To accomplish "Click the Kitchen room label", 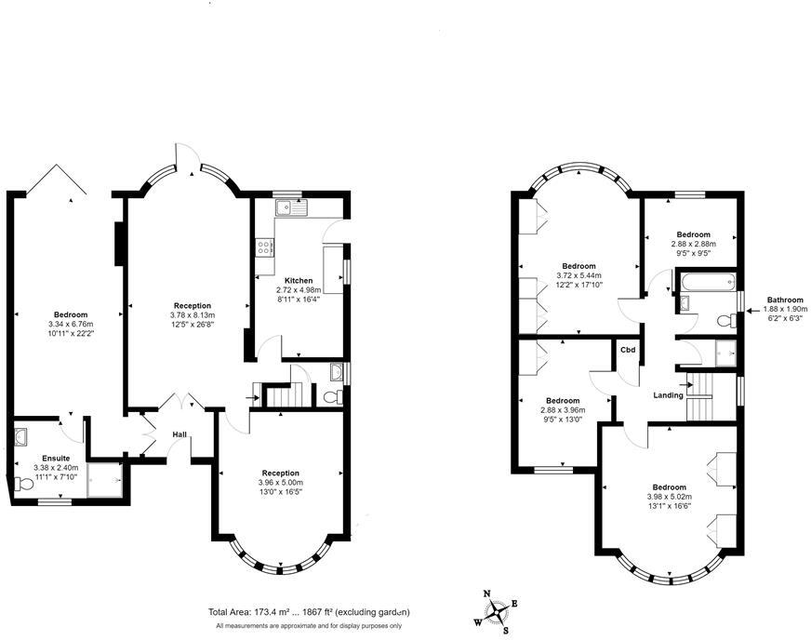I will pos(299,280).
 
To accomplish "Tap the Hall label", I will pos(180,434).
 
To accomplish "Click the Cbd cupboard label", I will pos(628,350).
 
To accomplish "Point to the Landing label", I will pos(668,395).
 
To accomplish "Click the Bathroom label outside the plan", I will pos(785,300).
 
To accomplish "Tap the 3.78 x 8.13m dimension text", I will pos(193,314).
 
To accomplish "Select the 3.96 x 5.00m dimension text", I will pos(280,482).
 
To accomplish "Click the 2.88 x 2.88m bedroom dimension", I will pos(693,244).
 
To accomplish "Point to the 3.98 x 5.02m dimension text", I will pos(669,497).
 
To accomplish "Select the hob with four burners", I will pos(264,247).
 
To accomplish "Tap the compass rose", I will pos(499,611).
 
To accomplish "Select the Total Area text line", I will pos(309,612).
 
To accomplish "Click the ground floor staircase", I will pos(281,396).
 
